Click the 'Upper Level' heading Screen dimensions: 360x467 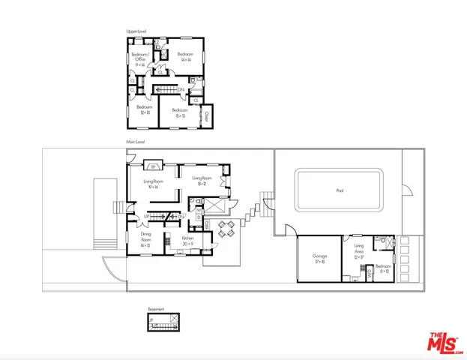pos(136,31)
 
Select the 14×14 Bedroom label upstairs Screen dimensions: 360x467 pos(185,57)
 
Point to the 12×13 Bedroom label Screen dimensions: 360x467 pos(144,109)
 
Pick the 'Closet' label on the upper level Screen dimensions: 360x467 pos(208,117)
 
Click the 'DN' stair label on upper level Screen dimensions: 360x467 pos(181,91)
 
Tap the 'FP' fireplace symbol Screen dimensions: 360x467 pos(153,166)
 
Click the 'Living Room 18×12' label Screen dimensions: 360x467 pos(202,181)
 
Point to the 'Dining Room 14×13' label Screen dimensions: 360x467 pos(145,239)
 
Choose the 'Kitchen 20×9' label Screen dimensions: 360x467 pos(187,241)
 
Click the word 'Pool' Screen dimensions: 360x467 pos(340,190)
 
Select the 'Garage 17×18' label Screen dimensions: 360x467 pos(319,259)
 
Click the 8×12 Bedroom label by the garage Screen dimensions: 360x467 pos(382,268)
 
